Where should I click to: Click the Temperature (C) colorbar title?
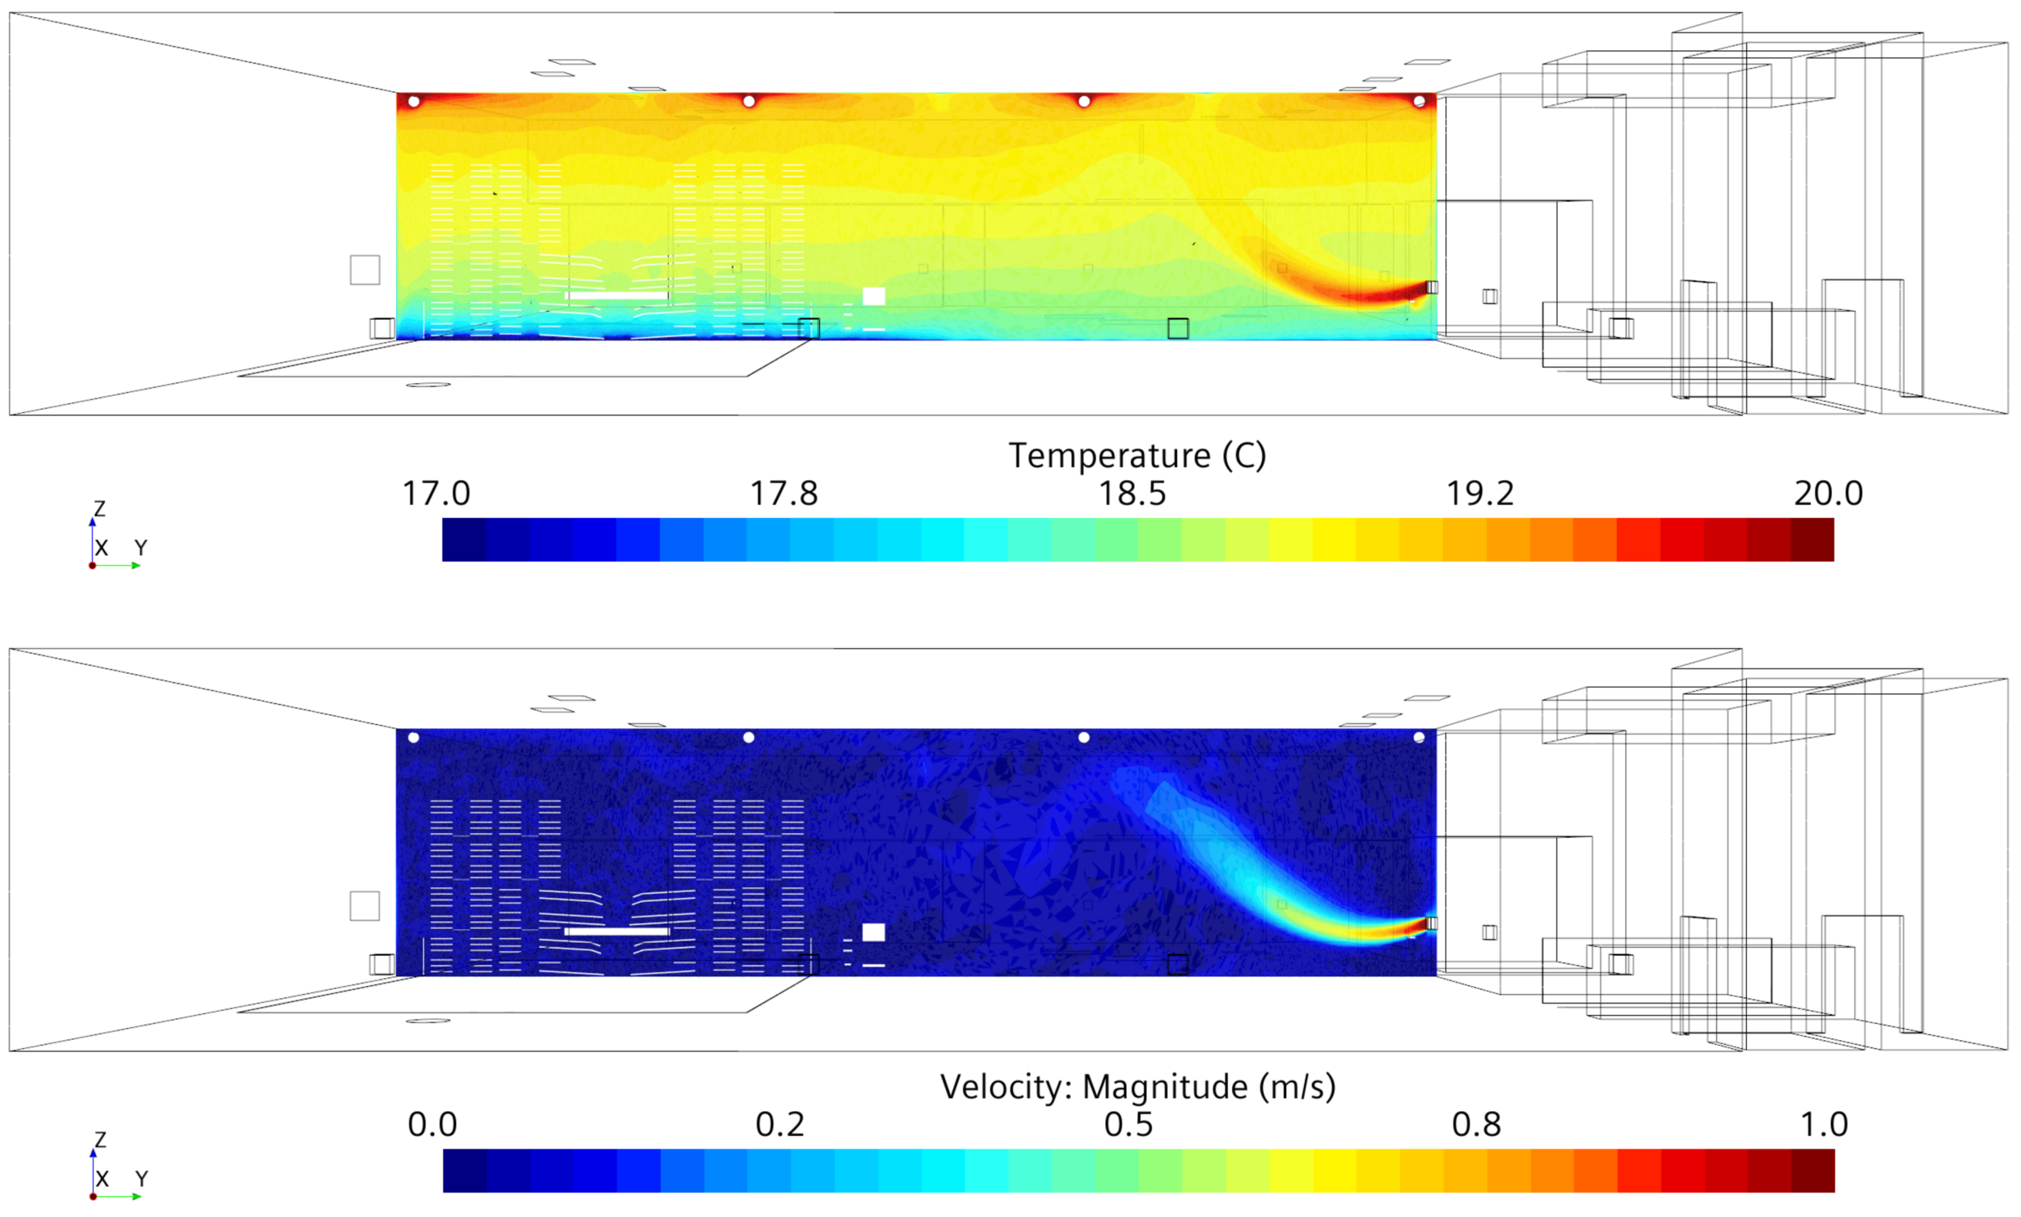1137,455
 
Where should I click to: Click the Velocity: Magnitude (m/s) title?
1137,1087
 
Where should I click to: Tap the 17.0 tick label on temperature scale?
436,494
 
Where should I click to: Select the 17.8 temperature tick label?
783,494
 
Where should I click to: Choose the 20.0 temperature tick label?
1829,494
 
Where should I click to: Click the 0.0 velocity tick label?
432,1124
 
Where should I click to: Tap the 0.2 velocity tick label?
779,1124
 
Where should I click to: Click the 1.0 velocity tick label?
1823,1124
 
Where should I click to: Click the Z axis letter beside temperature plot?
99,508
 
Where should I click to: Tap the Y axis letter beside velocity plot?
142,1178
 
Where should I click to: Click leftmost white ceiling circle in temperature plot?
414,102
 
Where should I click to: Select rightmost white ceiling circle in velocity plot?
1420,738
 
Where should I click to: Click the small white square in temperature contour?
874,296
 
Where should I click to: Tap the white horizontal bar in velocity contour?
617,932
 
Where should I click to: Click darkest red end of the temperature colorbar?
1812,540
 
